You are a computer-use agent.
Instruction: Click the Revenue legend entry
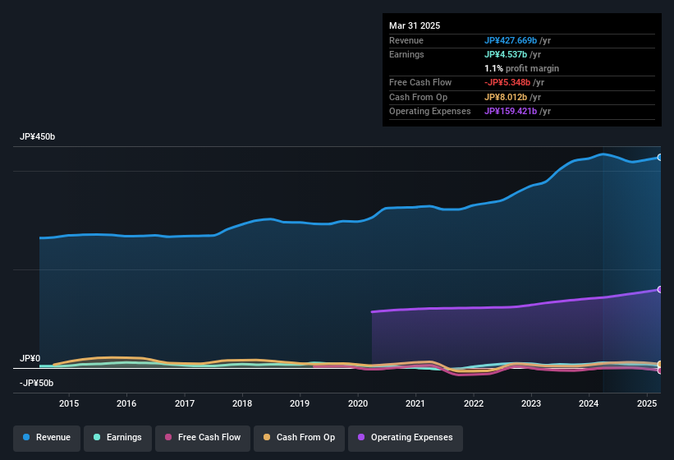point(47,437)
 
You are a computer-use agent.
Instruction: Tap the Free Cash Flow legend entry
point(203,437)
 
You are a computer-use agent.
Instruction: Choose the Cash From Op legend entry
point(298,437)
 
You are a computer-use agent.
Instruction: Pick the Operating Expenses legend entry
point(406,437)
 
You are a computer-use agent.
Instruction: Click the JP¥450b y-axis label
point(38,137)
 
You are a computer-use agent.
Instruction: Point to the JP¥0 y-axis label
point(30,359)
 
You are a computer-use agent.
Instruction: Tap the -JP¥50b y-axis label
point(36,383)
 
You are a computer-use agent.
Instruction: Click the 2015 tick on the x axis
point(69,403)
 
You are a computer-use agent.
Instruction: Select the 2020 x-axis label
point(358,403)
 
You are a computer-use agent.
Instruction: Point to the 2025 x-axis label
point(647,403)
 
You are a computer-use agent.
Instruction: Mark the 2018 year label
point(242,403)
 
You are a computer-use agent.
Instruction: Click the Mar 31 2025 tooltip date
point(415,25)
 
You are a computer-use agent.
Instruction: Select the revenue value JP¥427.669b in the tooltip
point(511,40)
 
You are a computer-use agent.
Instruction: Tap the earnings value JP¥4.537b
point(507,54)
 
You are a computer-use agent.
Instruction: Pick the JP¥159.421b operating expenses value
point(511,111)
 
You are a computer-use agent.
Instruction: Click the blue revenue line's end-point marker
point(660,157)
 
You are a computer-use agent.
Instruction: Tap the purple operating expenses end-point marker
point(660,289)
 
